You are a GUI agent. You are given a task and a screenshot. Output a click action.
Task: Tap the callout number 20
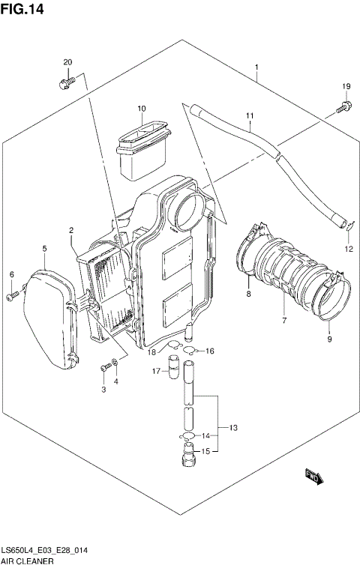click(x=67, y=61)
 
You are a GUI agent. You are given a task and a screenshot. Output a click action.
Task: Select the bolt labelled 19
click(x=343, y=107)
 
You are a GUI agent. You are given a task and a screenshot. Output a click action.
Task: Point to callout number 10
click(x=141, y=109)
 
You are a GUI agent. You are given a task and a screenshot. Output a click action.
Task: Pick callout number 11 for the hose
click(x=250, y=115)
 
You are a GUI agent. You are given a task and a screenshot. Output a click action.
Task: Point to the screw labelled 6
click(x=12, y=297)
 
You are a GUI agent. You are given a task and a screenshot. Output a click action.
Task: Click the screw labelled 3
click(x=103, y=367)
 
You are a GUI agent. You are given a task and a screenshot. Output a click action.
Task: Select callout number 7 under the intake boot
click(x=284, y=321)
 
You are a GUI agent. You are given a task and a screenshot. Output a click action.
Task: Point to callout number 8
click(x=247, y=296)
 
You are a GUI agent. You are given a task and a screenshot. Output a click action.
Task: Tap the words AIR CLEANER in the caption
click(x=25, y=560)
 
